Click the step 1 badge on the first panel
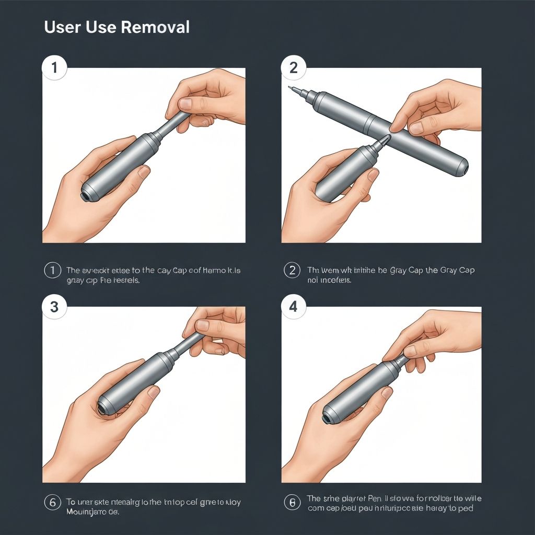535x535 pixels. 54,68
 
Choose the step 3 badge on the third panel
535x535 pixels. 54,307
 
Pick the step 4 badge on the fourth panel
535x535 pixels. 293,307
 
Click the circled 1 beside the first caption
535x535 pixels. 52,271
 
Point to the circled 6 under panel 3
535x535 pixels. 52,503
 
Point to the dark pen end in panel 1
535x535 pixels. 84,196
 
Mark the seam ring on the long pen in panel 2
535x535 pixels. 369,122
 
